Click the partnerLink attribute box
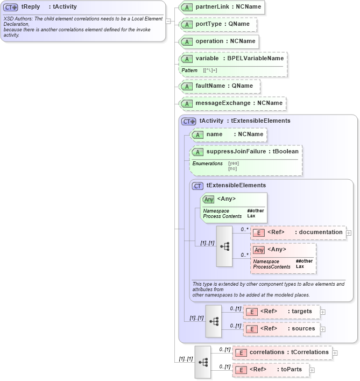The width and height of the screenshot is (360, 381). click(x=222, y=8)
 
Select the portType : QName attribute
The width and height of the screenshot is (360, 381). click(x=217, y=24)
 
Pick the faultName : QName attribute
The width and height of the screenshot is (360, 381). click(x=220, y=86)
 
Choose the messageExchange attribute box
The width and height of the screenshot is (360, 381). click(x=232, y=103)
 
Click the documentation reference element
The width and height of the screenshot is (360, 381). click(x=298, y=232)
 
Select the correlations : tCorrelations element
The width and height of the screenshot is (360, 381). click(x=282, y=352)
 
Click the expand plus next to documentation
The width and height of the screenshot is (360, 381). click(x=349, y=233)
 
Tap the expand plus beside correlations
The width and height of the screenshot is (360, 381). click(x=335, y=353)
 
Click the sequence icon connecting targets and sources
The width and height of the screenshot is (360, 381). click(x=213, y=321)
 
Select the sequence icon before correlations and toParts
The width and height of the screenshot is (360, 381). click(x=203, y=362)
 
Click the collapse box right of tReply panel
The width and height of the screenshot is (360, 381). click(x=168, y=22)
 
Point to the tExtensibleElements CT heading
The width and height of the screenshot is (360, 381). click(x=236, y=185)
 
